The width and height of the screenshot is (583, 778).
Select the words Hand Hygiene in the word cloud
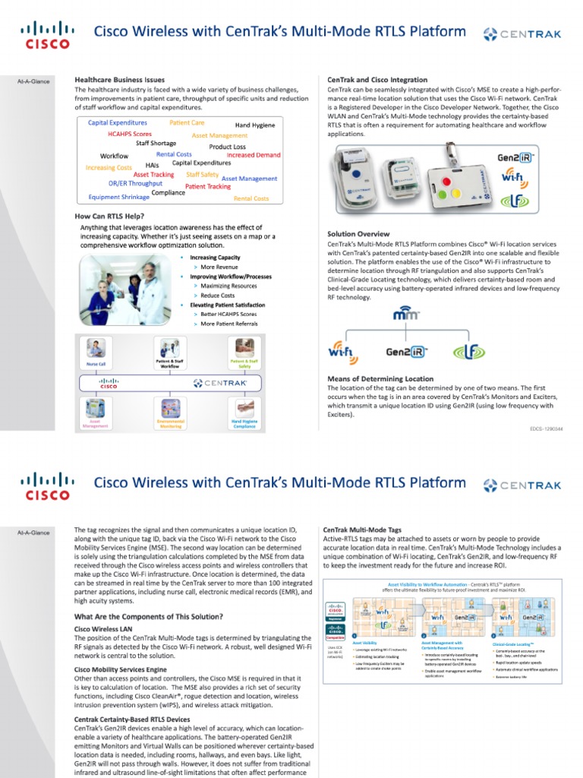254,125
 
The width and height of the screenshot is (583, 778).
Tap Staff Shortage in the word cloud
156,144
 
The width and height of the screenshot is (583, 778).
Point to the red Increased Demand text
254,155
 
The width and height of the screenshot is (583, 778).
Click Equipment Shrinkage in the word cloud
118,198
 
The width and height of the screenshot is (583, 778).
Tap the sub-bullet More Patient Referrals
228,324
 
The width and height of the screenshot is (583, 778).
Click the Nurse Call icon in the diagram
96,350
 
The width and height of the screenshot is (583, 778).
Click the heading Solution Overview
358,234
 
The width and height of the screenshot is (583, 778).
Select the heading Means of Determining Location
380,378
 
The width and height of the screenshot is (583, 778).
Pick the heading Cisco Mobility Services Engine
120,669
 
